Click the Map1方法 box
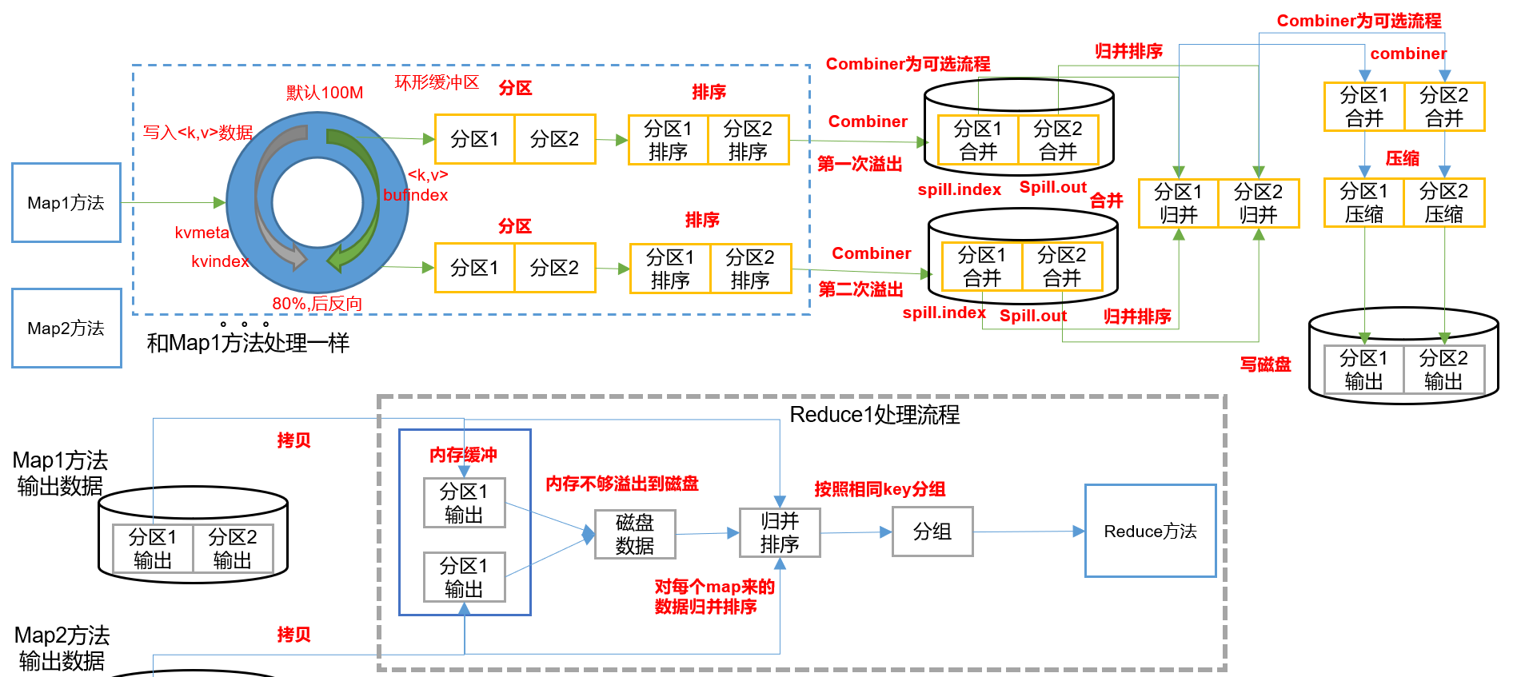coord(66,202)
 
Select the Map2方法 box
coord(66,328)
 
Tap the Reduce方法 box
coord(1150,531)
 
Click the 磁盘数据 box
coord(635,534)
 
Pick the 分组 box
coord(932,532)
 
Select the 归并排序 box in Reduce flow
coord(780,533)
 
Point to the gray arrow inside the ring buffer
coord(270,200)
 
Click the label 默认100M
coord(325,93)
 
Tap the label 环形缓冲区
coord(437,82)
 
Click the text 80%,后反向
coord(317,304)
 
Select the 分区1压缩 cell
coord(1364,203)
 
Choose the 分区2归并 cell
coord(1259,204)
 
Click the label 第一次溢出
coord(860,164)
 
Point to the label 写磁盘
coord(1265,364)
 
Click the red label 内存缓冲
coord(463,455)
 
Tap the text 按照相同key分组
coord(880,489)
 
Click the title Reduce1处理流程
coord(874,415)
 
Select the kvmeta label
coord(202,233)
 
